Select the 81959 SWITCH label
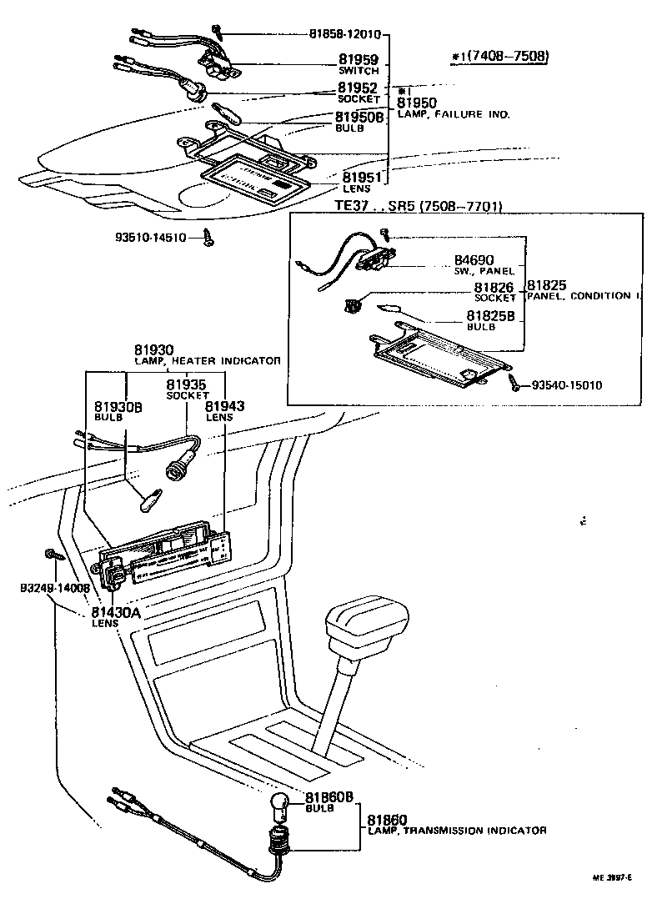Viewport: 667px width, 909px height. pos(358,64)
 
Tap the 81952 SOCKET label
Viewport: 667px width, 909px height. pos(358,92)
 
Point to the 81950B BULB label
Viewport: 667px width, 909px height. pos(359,122)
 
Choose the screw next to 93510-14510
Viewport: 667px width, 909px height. pos(208,239)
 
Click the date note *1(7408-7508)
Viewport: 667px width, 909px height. pos(500,56)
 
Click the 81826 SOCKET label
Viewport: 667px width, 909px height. pos(495,292)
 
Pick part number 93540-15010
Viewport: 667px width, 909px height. pos(566,385)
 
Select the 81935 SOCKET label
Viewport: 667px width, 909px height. pos(185,389)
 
